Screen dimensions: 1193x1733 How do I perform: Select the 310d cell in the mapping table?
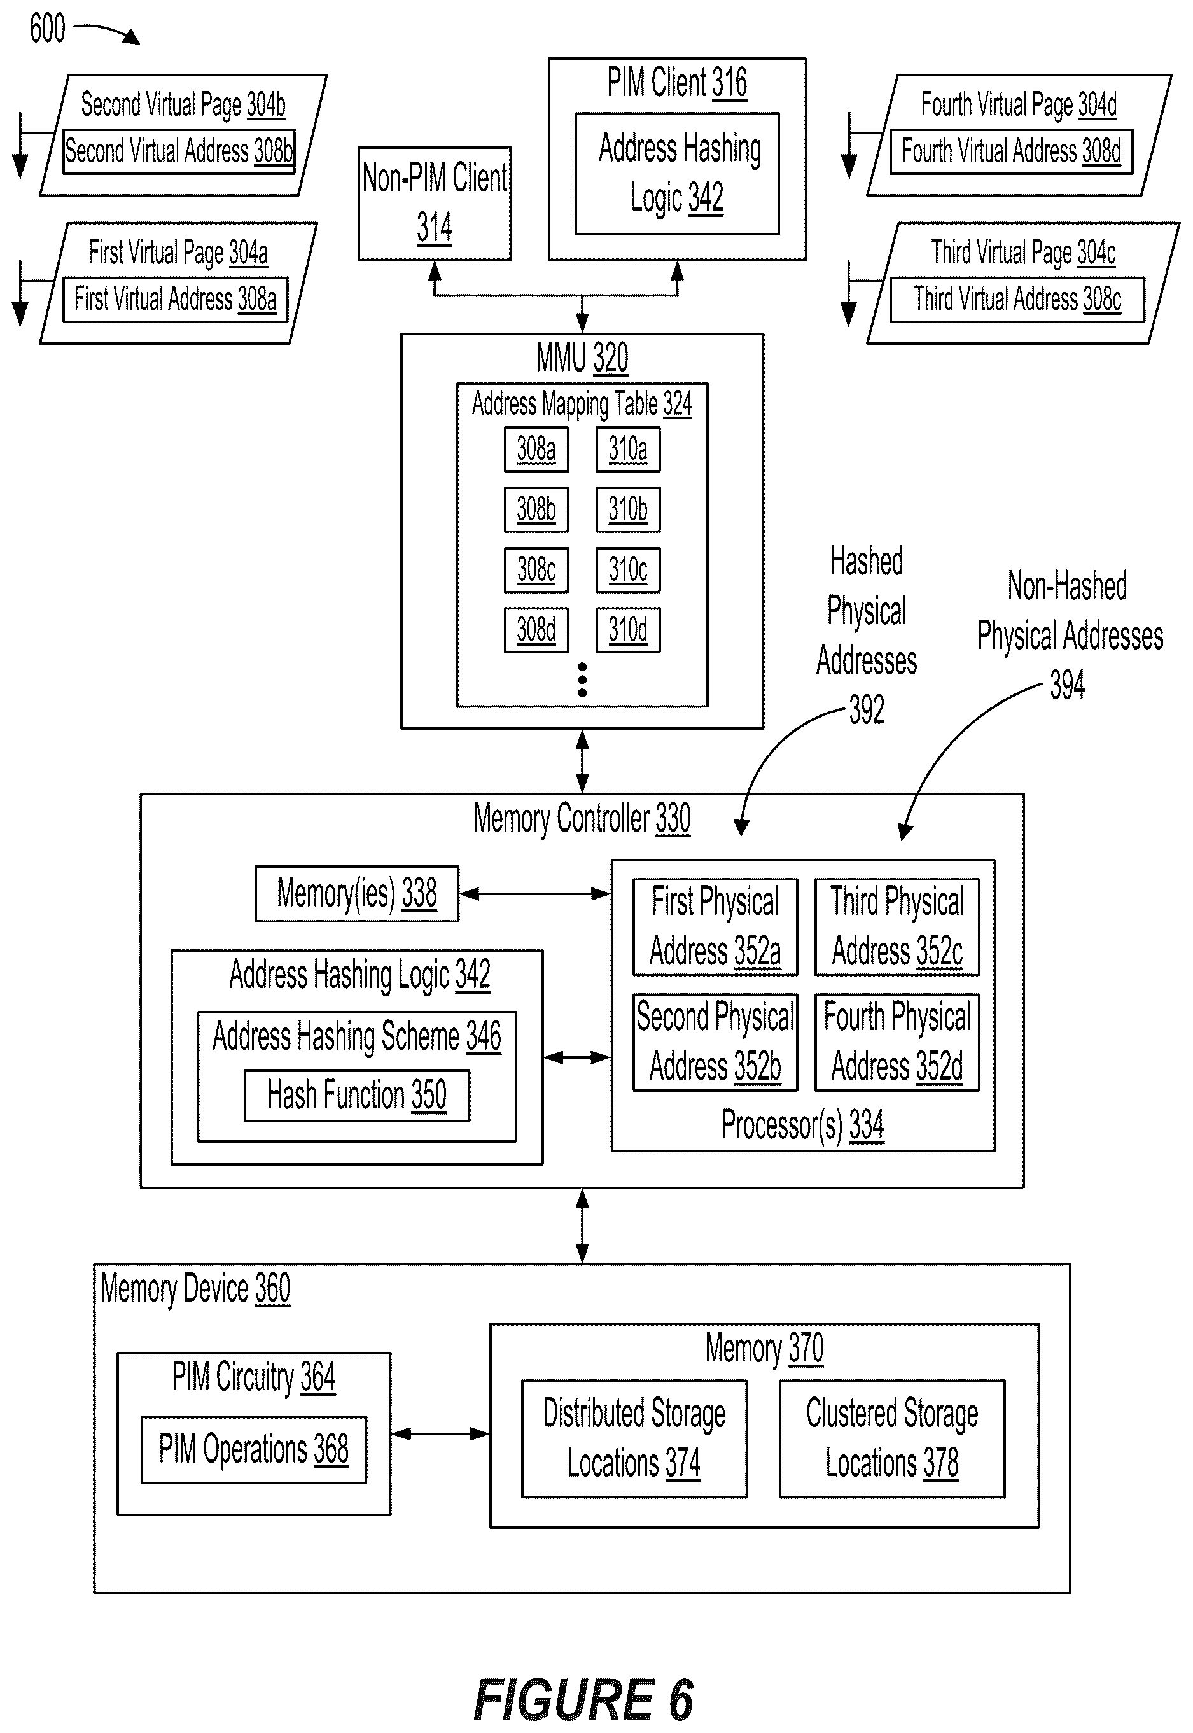coord(628,630)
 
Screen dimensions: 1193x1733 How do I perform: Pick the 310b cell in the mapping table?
coord(628,510)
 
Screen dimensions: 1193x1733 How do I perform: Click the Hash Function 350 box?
coord(358,1096)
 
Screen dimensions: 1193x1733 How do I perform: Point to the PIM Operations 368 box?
coord(254,1449)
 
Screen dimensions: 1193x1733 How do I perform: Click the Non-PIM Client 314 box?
coord(435,204)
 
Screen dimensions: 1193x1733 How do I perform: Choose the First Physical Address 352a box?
coord(715,927)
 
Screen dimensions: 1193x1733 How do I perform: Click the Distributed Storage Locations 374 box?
coord(634,1438)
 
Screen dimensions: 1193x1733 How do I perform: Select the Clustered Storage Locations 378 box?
coord(892,1438)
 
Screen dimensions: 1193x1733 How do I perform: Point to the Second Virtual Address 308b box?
coord(179,151)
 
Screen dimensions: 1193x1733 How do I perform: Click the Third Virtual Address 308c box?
coord(1017,300)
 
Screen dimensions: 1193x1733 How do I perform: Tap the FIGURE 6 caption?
coord(584,1699)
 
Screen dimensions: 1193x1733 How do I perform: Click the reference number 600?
coord(47,29)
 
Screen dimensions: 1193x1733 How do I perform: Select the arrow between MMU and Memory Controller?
coord(582,761)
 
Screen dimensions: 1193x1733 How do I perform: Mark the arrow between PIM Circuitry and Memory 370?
coord(440,1433)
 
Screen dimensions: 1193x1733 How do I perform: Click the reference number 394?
coord(1068,685)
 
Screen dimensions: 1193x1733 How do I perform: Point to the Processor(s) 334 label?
coord(803,1125)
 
